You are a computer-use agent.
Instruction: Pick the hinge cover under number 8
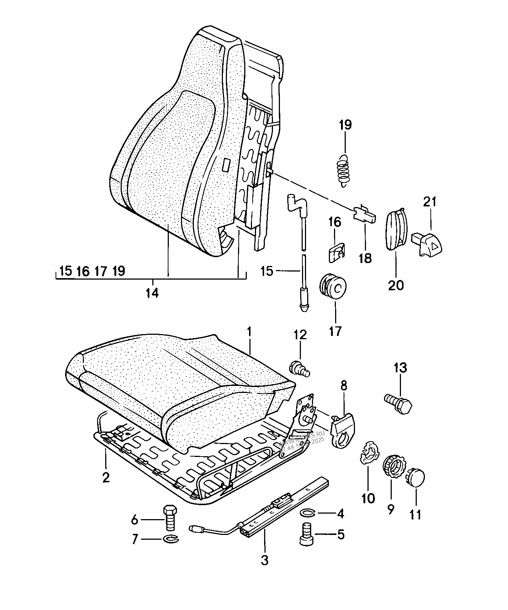coord(343,429)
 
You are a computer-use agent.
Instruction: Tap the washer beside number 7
coord(170,539)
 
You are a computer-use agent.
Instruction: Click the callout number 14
coord(152,293)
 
